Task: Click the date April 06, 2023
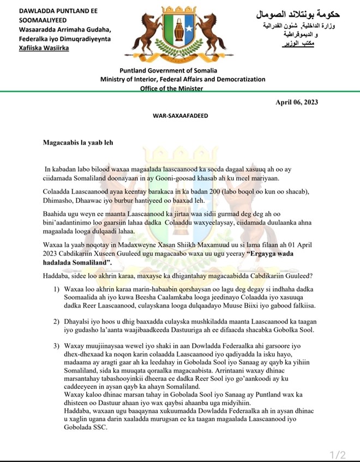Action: pyautogui.click(x=297, y=103)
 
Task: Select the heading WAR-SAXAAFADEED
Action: pyautogui.click(x=181, y=116)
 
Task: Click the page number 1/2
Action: pyautogui.click(x=338, y=454)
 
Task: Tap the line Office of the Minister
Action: pyautogui.click(x=172, y=88)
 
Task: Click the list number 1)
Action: pyautogui.click(x=57, y=288)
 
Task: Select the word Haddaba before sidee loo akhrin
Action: pyautogui.click(x=57, y=275)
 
